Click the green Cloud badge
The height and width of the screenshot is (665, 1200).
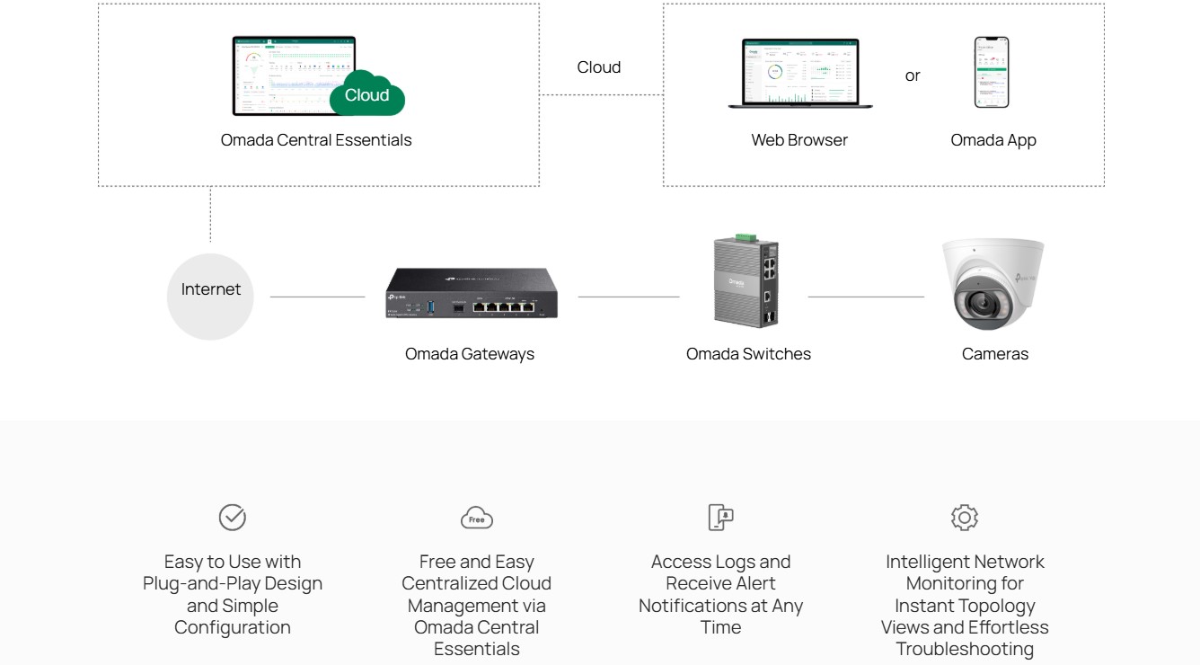coord(367,94)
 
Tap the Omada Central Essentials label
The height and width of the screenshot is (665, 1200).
coord(316,140)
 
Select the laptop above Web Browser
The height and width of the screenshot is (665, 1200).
coord(799,74)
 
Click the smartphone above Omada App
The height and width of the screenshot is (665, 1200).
coord(992,73)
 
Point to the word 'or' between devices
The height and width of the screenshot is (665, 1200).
coord(913,76)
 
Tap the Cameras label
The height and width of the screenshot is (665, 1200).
coord(994,354)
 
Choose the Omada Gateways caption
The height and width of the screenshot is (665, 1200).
coord(469,354)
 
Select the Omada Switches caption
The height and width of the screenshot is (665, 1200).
coord(748,354)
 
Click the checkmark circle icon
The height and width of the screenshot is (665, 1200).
coord(233,517)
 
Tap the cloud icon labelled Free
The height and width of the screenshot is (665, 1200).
coord(477,519)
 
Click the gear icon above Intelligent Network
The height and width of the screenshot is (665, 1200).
coord(965,517)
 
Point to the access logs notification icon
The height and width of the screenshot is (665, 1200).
coord(720,517)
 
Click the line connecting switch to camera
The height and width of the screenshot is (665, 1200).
coord(866,297)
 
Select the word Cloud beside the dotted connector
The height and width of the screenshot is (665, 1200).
coord(598,67)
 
